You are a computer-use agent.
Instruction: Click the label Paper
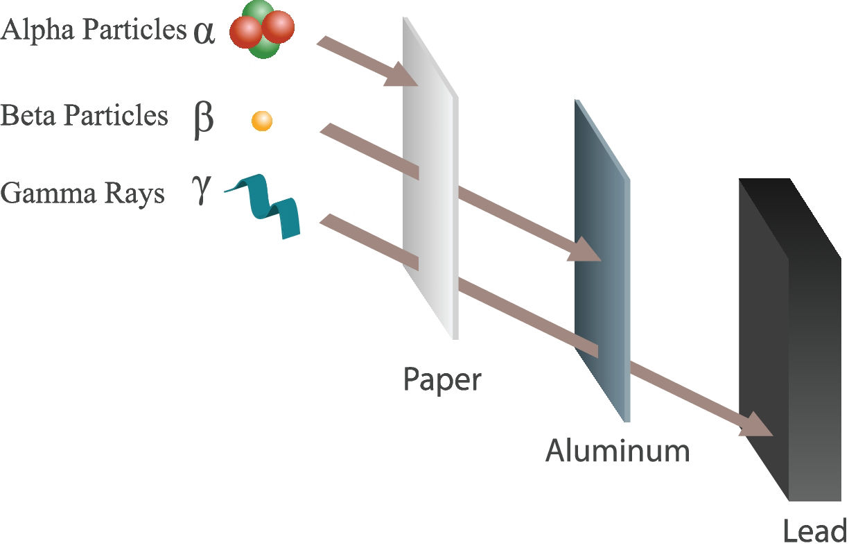click(x=441, y=380)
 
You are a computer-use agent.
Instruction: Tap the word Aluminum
click(x=618, y=451)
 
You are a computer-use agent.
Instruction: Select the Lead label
click(x=814, y=531)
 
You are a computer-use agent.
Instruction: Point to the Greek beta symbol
click(x=202, y=119)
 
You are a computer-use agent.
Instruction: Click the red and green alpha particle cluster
click(x=262, y=28)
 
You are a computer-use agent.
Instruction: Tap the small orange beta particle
click(x=261, y=121)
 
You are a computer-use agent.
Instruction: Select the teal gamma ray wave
click(x=266, y=205)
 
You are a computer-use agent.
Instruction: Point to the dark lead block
click(x=790, y=340)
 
